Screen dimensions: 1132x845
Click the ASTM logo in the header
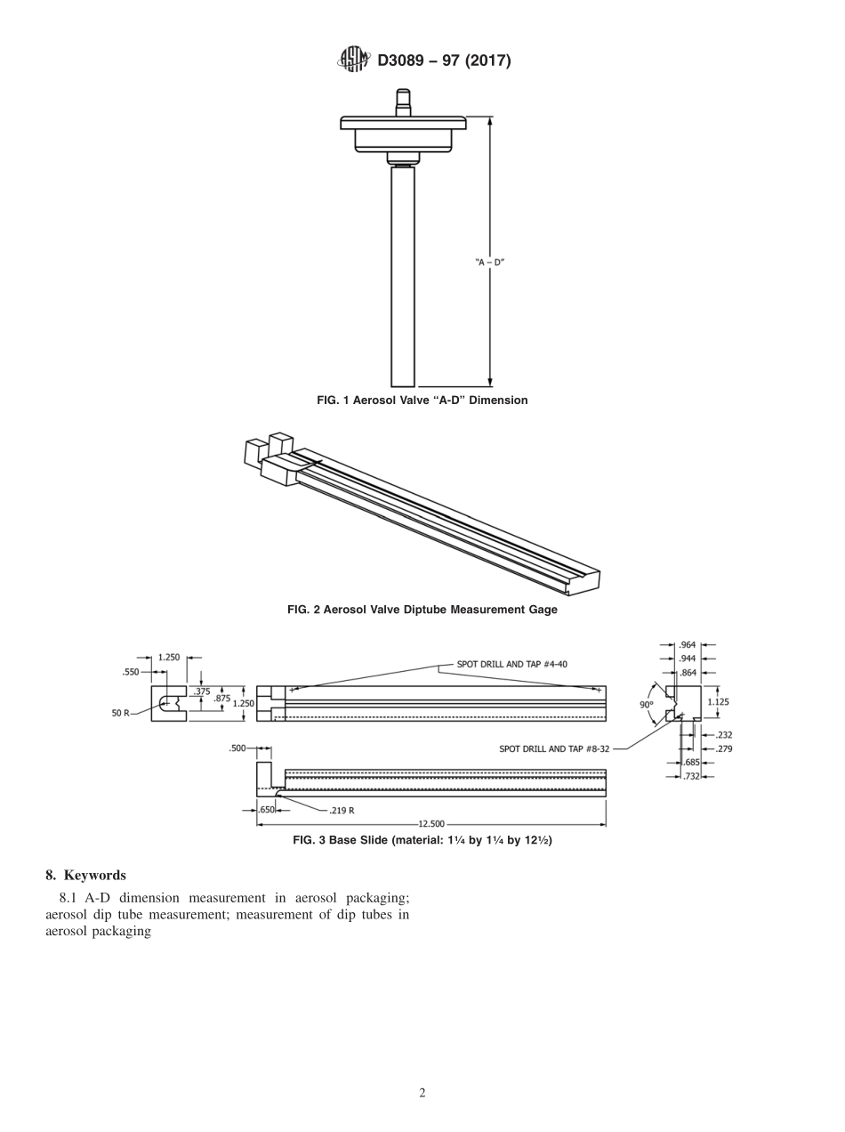(353, 60)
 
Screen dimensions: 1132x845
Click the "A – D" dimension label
(489, 263)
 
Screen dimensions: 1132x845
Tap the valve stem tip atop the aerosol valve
(403, 96)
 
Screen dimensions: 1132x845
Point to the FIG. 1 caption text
(422, 400)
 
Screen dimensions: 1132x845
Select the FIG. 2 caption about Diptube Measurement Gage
(422, 610)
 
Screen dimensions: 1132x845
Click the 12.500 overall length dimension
(431, 824)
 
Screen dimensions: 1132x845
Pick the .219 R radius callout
(342, 811)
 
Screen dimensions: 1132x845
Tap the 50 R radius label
(121, 714)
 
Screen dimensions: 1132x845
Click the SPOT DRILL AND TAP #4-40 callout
(511, 664)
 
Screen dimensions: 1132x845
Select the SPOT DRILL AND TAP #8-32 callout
(555, 749)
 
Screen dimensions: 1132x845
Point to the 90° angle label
(646, 704)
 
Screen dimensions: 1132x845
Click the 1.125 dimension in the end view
(718, 701)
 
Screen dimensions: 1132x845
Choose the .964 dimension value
(688, 644)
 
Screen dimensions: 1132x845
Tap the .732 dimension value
(691, 777)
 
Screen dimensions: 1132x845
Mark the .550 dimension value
(131, 672)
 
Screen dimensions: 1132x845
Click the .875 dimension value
(221, 699)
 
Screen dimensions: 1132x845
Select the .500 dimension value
(237, 748)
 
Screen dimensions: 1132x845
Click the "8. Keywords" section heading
(85, 875)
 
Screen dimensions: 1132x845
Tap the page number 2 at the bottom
(422, 1093)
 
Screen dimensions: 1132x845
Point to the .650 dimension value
(266, 810)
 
